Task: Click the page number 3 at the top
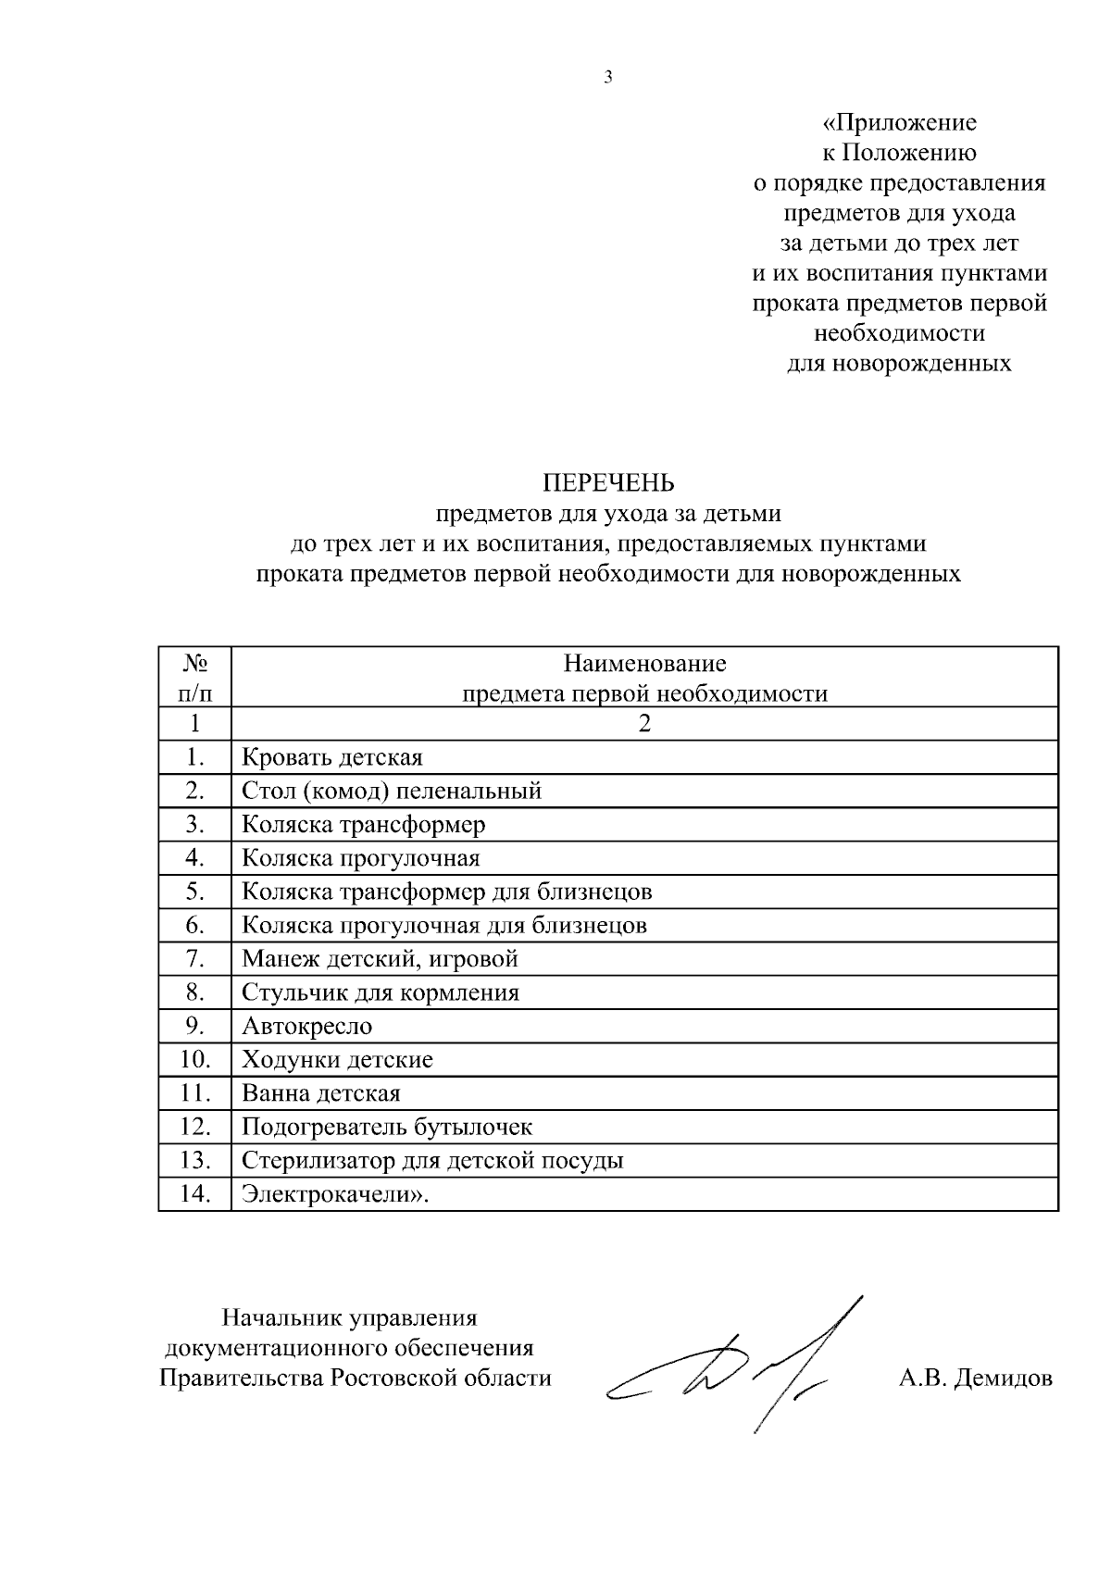pos(608,78)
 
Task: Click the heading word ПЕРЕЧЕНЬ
pos(608,483)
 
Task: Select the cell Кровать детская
pos(331,758)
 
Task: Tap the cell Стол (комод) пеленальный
pos(391,792)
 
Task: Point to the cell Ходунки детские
pos(337,1060)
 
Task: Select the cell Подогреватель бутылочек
pos(386,1128)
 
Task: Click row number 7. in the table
pos(194,959)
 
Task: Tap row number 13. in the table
pos(194,1161)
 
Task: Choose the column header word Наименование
pos(644,664)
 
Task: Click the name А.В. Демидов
pos(975,1379)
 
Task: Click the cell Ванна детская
pos(320,1094)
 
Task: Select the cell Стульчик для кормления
pos(380,993)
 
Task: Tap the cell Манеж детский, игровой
pos(379,959)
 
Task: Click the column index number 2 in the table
pos(644,724)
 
